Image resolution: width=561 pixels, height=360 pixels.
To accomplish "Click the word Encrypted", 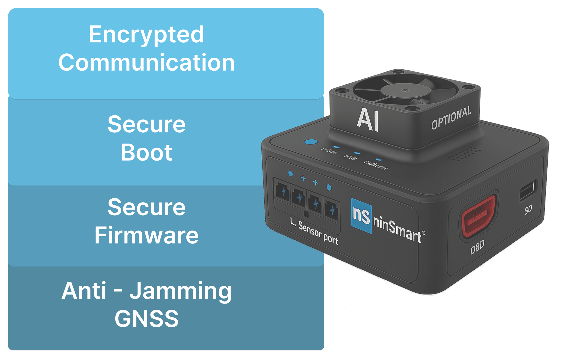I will tap(146, 35).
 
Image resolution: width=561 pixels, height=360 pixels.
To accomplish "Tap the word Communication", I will tap(146, 63).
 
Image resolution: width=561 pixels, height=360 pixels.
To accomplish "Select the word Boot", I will tap(146, 153).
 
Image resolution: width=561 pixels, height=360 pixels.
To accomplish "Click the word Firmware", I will tap(146, 235).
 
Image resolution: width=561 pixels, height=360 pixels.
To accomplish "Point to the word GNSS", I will tap(146, 319).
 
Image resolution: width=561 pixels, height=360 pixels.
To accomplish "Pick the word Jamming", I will tap(180, 291).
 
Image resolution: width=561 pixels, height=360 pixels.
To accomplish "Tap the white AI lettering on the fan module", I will tap(368, 119).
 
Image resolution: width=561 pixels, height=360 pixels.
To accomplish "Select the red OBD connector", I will tap(478, 216).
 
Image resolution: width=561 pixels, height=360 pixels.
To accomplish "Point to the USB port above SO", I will tap(527, 191).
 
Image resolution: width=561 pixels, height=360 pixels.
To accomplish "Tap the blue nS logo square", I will tap(361, 215).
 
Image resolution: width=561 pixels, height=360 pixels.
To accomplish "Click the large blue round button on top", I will tap(311, 142).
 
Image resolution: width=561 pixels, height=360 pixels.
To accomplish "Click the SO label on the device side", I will tap(528, 210).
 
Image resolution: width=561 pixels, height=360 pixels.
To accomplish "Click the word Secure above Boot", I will tap(146, 125).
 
